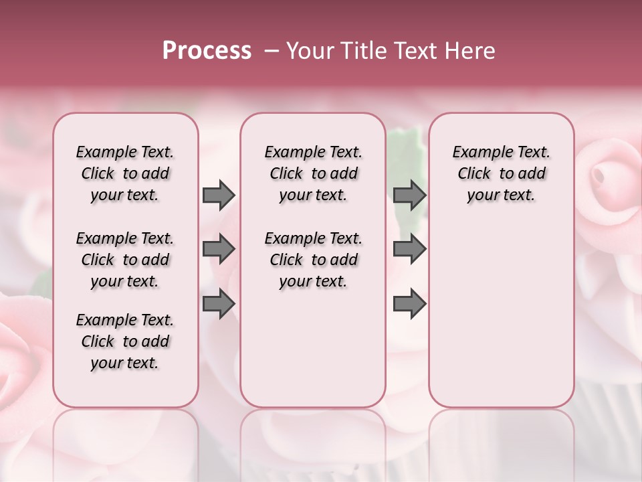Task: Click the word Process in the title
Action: click(x=207, y=51)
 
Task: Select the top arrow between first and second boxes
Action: click(x=219, y=195)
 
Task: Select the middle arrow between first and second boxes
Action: click(x=219, y=249)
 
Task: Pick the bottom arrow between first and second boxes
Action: click(x=219, y=305)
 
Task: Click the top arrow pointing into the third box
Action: click(x=409, y=195)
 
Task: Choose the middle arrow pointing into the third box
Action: click(x=409, y=249)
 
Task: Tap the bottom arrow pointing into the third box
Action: click(x=409, y=305)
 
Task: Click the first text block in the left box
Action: click(x=125, y=173)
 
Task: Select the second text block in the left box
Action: click(x=125, y=260)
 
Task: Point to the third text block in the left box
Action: click(x=125, y=341)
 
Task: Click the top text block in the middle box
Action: click(x=314, y=173)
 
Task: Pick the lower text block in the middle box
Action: click(x=314, y=260)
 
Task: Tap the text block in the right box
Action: click(x=502, y=173)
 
